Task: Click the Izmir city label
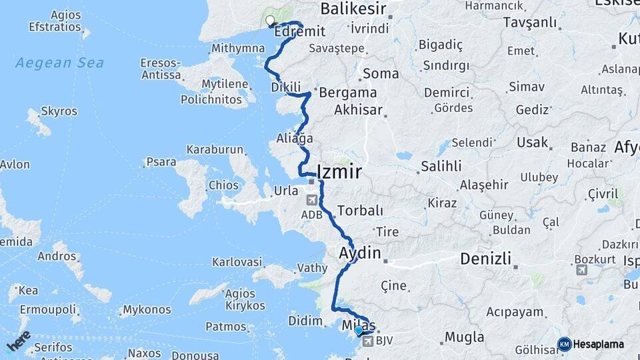(x=340, y=172)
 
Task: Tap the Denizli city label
(x=487, y=259)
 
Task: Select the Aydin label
(x=359, y=253)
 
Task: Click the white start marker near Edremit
(x=270, y=21)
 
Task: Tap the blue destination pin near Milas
(x=359, y=330)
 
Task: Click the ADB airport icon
(x=311, y=200)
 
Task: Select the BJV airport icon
(x=367, y=341)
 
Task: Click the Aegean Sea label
(x=60, y=63)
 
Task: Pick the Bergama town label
(x=347, y=93)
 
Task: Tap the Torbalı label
(x=360, y=210)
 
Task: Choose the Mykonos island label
(x=147, y=310)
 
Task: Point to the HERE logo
(x=19, y=341)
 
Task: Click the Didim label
(x=305, y=321)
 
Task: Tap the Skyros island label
(x=59, y=111)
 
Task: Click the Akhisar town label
(x=359, y=109)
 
